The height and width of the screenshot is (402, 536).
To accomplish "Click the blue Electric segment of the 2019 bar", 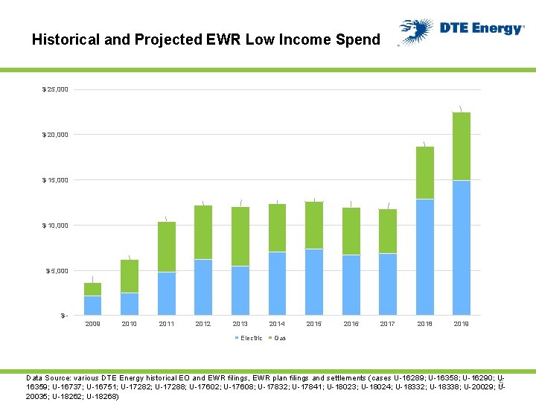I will click(462, 247).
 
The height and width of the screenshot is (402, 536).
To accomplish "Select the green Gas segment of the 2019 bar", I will click(462, 146).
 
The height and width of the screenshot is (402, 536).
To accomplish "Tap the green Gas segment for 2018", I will click(424, 173).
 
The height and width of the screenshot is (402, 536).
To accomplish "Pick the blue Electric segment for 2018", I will click(424, 257).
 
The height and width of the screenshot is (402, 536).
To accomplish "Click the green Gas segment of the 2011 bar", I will click(167, 246).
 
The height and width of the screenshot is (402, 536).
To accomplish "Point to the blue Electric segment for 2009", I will click(92, 305).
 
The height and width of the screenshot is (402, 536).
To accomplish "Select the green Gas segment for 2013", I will click(240, 236).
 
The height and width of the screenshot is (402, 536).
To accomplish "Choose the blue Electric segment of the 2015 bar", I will click(314, 281).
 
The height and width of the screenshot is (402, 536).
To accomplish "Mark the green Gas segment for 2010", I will click(130, 275).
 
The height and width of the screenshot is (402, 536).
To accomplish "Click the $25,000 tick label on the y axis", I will click(55, 89).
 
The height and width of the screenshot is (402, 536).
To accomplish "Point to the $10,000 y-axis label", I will click(55, 226).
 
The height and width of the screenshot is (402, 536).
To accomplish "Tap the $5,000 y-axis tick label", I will click(57, 271).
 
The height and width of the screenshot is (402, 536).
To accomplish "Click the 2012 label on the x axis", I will click(203, 324).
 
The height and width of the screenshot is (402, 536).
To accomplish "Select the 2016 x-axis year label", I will click(351, 324).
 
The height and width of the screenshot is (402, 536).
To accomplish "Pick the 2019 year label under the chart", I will click(462, 324).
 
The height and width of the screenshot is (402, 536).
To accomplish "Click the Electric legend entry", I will click(251, 338).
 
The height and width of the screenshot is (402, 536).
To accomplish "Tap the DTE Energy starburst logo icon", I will click(415, 32).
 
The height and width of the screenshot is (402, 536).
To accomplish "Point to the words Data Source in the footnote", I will click(48, 378).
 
